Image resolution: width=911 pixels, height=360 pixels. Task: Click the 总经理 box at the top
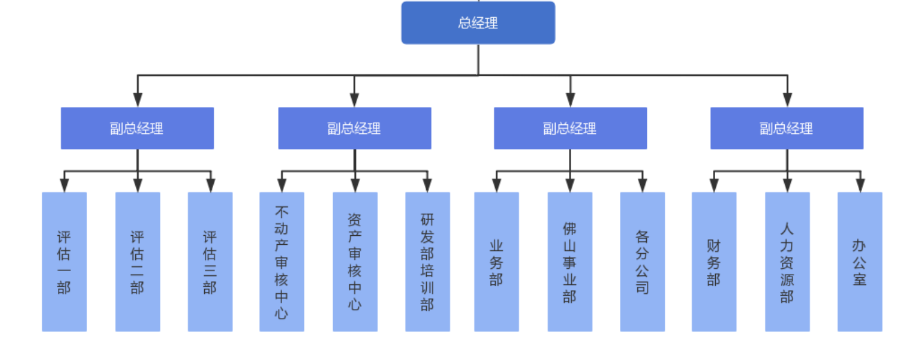point(478,23)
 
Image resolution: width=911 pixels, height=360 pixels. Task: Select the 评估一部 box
point(64,261)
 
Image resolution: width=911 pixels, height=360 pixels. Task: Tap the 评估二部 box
point(137,261)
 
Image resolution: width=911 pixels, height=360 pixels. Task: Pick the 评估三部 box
point(210,261)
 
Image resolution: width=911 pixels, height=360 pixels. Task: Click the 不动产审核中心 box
point(282,261)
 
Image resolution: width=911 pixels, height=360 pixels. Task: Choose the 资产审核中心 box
point(355,261)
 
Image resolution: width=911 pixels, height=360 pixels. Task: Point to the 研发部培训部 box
point(428,261)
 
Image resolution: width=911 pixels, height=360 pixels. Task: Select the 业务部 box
point(497,261)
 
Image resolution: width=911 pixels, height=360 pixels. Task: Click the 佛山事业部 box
point(570,261)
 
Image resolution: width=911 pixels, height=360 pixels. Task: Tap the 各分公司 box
point(643,261)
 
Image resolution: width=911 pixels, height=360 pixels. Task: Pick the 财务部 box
point(714,261)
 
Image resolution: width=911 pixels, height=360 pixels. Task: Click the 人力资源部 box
point(788,261)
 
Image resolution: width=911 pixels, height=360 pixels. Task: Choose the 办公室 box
point(860,261)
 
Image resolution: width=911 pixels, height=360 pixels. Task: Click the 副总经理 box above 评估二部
point(137,128)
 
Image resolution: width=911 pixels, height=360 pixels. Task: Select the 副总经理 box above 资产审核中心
point(354,128)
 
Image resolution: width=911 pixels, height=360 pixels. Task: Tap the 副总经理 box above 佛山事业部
point(570,128)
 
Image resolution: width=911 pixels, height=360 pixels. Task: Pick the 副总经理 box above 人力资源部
point(787,128)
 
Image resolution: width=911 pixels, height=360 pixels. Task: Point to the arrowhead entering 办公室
point(860,186)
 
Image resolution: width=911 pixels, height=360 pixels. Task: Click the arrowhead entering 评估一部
point(64,186)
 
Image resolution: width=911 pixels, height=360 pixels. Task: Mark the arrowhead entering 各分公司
point(643,186)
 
